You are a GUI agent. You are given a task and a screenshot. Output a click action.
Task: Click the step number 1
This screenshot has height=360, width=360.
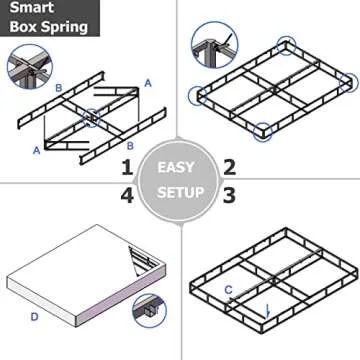pyautogui.click(x=127, y=166)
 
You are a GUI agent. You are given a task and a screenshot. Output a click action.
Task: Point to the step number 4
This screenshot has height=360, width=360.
pyautogui.click(x=127, y=194)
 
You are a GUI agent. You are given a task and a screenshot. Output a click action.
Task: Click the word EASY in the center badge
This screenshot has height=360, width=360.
pyautogui.click(x=178, y=166)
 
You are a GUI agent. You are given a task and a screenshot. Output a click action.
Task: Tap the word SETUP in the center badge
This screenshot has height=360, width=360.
pyautogui.click(x=178, y=191)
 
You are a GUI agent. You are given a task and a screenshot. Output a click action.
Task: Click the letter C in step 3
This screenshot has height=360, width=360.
pyautogui.click(x=229, y=290)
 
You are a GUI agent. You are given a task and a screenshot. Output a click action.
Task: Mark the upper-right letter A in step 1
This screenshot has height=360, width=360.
pyautogui.click(x=147, y=83)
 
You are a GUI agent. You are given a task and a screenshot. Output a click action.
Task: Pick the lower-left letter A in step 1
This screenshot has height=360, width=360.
pyautogui.click(x=37, y=151)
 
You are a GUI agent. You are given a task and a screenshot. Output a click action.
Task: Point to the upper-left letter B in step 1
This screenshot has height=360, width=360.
pyautogui.click(x=59, y=89)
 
